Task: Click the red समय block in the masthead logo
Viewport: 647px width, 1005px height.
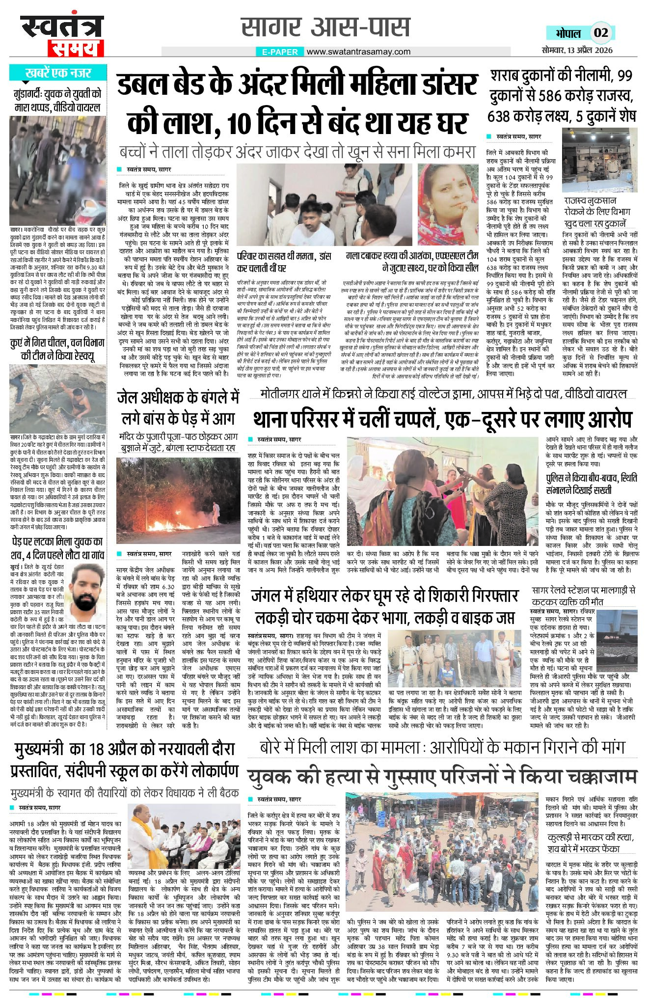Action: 75,49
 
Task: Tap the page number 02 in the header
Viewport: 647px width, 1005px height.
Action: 601,33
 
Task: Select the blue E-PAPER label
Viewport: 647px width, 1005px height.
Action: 280,52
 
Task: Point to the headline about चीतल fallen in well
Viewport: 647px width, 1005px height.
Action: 58,349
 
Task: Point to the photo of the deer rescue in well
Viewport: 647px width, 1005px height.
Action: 58,398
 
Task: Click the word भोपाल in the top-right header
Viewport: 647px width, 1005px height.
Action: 568,33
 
